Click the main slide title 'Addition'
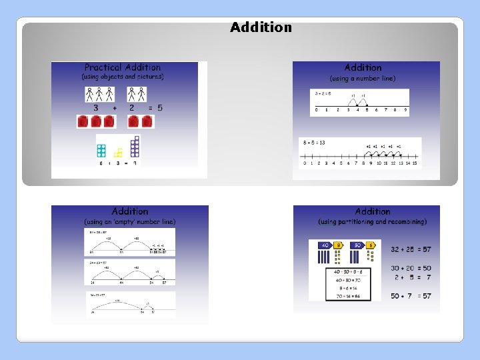[261, 27]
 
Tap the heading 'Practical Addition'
[123, 67]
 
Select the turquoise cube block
[101, 151]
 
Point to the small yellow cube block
[118, 153]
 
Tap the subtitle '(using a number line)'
[363, 78]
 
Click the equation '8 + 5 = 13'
[314, 143]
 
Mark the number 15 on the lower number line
[414, 163]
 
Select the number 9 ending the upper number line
[405, 110]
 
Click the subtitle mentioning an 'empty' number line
[130, 221]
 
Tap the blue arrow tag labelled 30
[358, 245]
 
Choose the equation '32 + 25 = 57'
[411, 249]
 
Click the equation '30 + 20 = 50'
[411, 268]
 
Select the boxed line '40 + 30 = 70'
[345, 281]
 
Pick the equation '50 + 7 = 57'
[411, 295]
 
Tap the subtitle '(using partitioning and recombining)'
[372, 221]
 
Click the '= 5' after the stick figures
[155, 107]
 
